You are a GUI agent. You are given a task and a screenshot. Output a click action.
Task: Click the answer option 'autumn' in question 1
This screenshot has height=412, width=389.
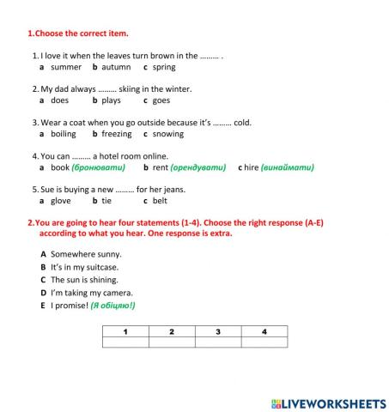click(x=116, y=67)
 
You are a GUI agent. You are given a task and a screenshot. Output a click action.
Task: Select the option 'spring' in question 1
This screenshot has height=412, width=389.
click(x=164, y=67)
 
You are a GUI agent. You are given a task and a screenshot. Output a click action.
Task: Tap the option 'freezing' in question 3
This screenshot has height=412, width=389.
click(x=116, y=134)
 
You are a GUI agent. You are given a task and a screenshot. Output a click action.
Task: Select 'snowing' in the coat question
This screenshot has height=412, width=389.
click(x=167, y=134)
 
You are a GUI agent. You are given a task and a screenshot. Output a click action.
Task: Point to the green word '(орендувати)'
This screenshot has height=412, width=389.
click(x=198, y=167)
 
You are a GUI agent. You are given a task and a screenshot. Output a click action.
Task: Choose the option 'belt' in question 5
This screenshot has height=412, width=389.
click(x=160, y=201)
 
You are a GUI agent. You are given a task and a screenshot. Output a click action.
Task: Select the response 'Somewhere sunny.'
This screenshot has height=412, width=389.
click(x=86, y=254)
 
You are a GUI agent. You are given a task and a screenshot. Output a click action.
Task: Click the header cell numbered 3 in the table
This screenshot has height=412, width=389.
click(x=218, y=331)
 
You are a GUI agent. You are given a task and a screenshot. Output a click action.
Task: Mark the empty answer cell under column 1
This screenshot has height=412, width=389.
click(x=125, y=342)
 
